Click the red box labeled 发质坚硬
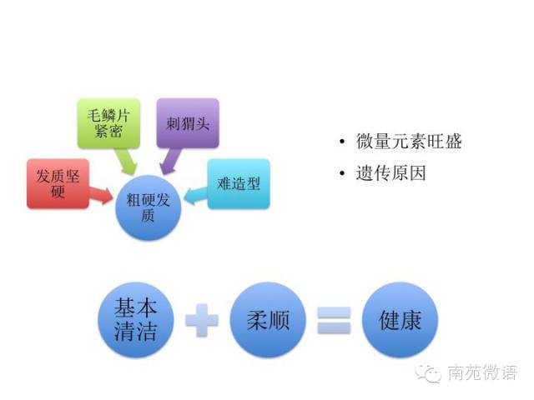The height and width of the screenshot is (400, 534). (55, 182)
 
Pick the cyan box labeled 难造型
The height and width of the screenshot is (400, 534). (239, 183)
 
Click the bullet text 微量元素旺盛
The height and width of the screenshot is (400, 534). (408, 142)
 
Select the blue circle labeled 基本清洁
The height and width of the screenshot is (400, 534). (135, 320)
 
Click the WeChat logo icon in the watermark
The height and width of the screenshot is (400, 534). (430, 372)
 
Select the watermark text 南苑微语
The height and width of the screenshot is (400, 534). (481, 372)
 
